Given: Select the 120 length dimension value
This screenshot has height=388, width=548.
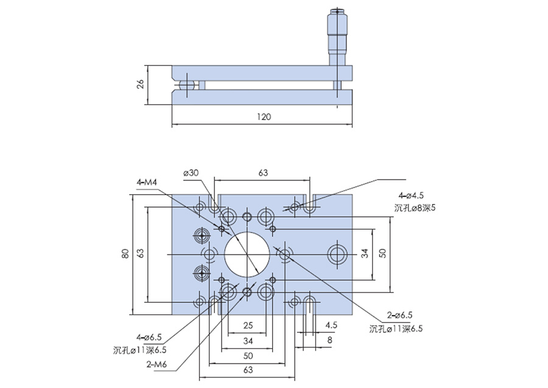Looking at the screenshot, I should (263, 116).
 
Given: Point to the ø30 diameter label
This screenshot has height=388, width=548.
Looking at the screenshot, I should (191, 173).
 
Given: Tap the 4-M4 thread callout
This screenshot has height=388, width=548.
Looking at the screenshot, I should (147, 182).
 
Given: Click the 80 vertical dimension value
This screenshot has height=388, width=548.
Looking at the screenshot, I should (125, 254).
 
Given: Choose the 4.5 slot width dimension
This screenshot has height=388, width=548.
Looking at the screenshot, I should (331, 325).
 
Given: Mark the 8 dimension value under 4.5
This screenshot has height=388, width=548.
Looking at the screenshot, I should (329, 340).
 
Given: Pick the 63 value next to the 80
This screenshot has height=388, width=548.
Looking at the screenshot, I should (141, 254).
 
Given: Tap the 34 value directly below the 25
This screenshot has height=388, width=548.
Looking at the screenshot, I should (247, 340).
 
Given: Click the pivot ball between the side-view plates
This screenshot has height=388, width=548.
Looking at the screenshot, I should (187, 86).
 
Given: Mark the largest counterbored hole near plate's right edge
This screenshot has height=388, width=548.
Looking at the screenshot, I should (337, 254).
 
